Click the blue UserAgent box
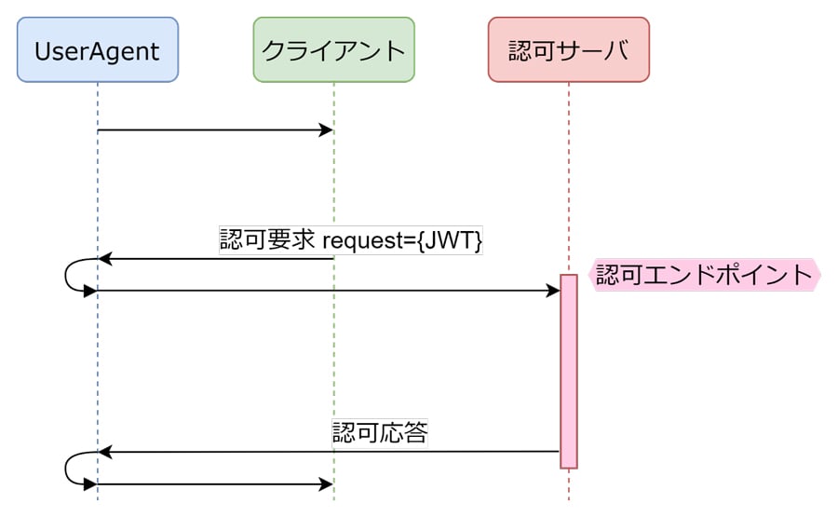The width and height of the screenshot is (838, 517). (98, 49)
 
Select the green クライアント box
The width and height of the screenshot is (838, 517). (333, 49)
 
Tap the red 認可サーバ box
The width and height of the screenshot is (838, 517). (568, 49)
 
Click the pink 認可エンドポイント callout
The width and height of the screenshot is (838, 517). (705, 276)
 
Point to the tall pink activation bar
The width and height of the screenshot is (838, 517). (568, 373)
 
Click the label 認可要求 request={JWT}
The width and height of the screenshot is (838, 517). (351, 239)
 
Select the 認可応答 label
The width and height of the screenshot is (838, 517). (380, 433)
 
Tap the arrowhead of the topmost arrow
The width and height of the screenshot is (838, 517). (326, 129)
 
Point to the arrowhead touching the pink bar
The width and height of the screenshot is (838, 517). (552, 292)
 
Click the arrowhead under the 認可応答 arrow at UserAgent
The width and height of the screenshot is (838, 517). (105, 452)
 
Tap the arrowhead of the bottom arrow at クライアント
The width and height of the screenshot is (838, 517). (326, 484)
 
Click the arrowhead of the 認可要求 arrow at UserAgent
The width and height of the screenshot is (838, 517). (105, 259)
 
